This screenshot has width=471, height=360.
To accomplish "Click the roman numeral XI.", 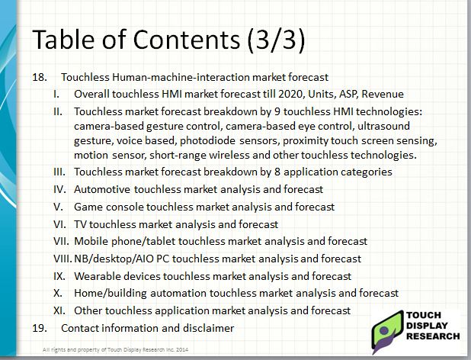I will [x=58, y=310].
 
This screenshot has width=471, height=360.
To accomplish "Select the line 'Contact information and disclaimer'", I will [x=147, y=328].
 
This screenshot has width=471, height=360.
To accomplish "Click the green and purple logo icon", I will [x=386, y=327].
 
